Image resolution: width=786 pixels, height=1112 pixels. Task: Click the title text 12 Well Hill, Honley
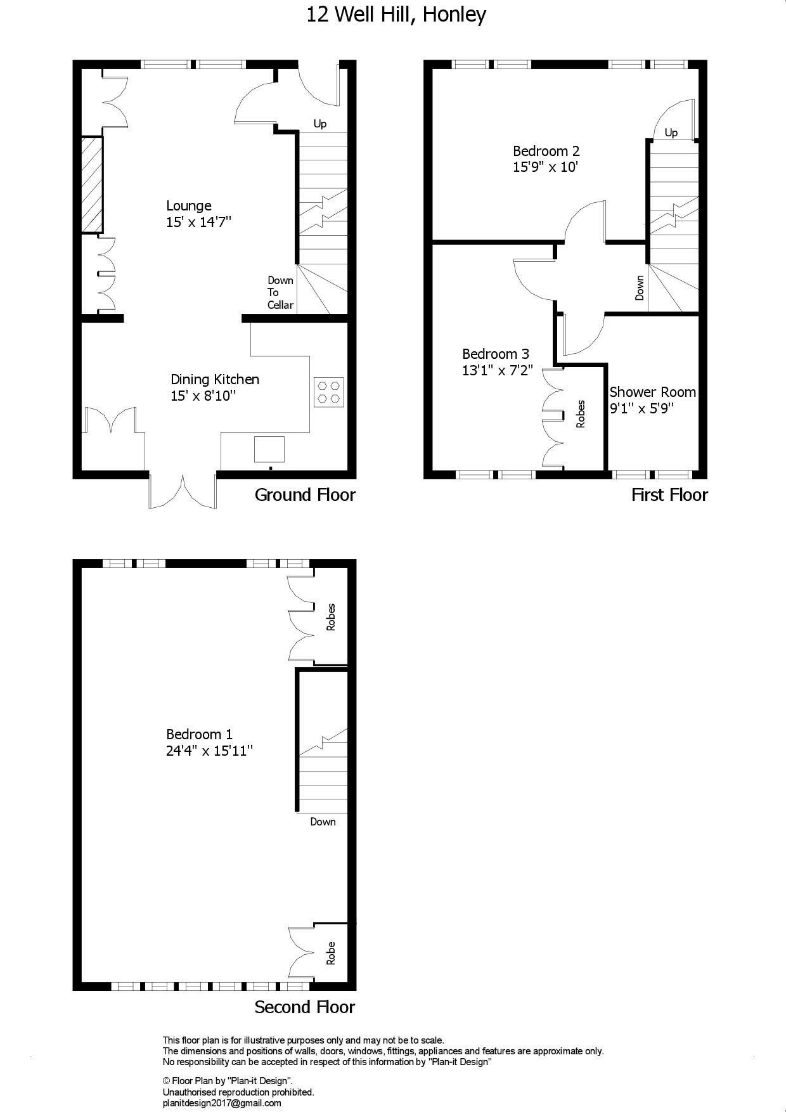point(396,15)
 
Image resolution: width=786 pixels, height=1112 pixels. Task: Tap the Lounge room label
point(189,206)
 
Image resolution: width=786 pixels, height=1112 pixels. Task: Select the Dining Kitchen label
point(215,380)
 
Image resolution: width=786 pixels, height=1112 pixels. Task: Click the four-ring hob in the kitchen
point(329,392)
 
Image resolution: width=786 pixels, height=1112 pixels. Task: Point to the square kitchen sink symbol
point(269,449)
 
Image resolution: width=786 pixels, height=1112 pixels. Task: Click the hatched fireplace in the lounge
point(92,184)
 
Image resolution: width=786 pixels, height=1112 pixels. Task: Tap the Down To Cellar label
point(280,292)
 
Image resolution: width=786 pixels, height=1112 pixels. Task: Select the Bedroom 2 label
point(546,151)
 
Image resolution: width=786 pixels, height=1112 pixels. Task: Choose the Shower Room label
point(653,392)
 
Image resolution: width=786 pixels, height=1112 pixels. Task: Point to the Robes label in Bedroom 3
point(581,414)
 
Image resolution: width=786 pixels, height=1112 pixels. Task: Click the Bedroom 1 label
point(200,734)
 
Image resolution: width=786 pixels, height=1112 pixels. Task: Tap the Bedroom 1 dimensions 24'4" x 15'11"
point(210,751)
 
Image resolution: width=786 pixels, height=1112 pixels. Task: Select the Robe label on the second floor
point(330,953)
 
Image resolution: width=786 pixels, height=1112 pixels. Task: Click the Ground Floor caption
point(305,495)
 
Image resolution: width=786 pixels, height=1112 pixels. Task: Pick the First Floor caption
point(669,495)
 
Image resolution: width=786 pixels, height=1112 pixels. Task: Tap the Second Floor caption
point(305,1007)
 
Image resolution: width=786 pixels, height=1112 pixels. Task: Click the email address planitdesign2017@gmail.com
point(222,1103)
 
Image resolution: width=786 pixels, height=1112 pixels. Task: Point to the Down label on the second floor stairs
point(323,822)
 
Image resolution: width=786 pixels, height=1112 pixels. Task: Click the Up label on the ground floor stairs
point(320,124)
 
